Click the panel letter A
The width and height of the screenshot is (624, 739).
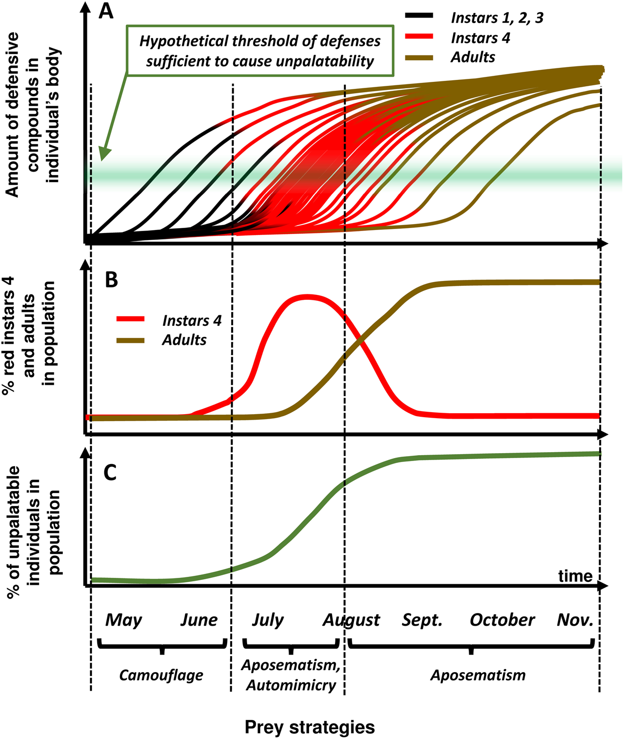tap(106, 11)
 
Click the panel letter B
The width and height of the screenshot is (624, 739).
tap(111, 280)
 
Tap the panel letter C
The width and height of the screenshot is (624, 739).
tap(110, 472)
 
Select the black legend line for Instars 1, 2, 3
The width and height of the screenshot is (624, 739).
tap(419, 16)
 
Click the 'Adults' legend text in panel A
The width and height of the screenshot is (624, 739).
tap(472, 57)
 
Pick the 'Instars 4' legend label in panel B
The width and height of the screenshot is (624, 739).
tap(192, 320)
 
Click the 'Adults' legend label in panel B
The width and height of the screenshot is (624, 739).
tap(184, 340)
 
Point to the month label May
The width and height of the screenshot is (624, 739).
tap(123, 620)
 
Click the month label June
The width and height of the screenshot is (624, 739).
tap(199, 620)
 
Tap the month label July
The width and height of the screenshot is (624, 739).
tap(268, 620)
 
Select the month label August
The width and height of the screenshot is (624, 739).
tap(351, 620)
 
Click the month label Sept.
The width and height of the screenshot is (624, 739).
tap(422, 620)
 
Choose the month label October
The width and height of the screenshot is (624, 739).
tap(502, 620)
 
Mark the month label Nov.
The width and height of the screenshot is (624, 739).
tap(575, 620)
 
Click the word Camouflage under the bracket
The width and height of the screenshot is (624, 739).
tap(161, 675)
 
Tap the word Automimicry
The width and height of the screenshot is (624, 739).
tap(291, 685)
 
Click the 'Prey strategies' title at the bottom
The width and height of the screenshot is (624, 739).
tap(310, 727)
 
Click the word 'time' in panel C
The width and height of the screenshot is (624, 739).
tap(575, 576)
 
